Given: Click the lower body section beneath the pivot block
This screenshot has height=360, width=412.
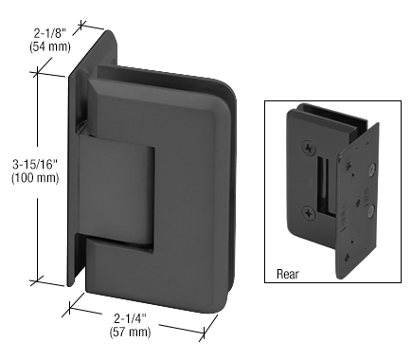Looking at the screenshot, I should (x=161, y=256).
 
